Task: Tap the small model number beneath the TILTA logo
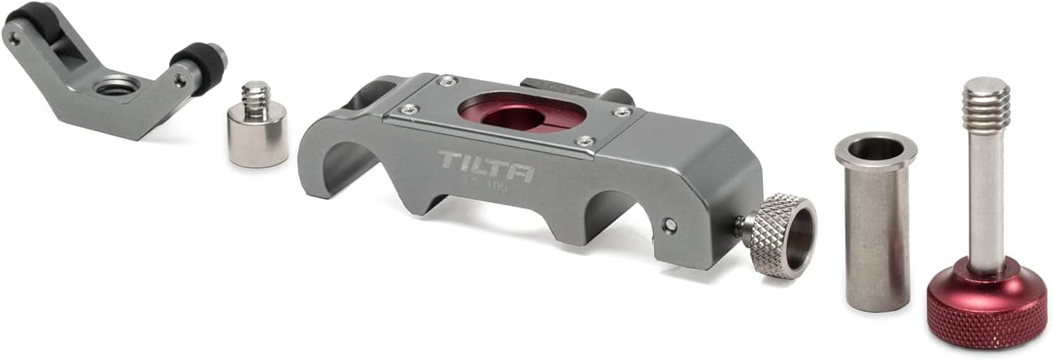[x=487, y=187]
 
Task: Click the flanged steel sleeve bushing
[x=877, y=226]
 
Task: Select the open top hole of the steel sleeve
[x=876, y=149]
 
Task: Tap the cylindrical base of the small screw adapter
[x=257, y=138]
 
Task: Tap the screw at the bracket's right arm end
[x=179, y=82]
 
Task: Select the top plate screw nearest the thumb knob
[x=584, y=141]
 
